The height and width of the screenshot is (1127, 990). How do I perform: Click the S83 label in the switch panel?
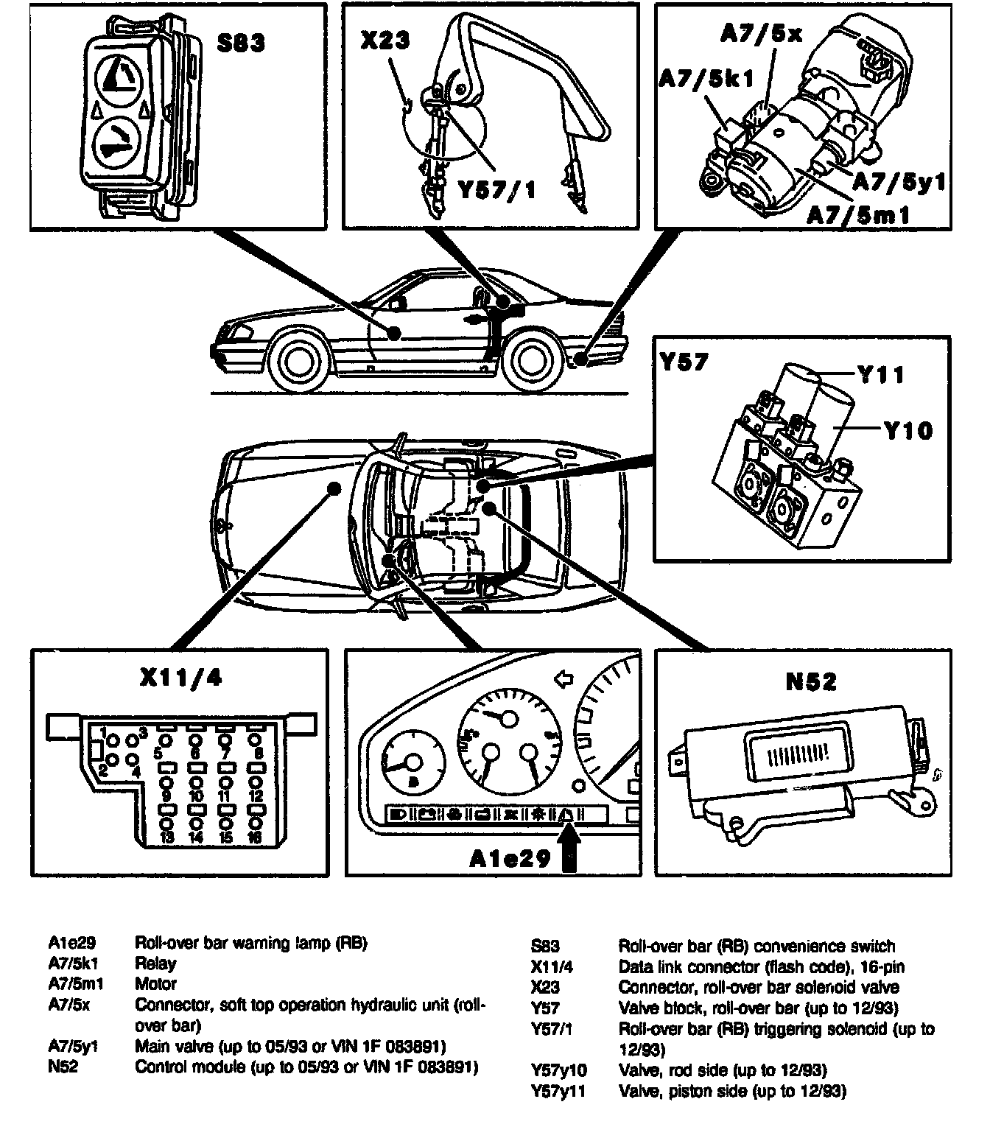(x=240, y=43)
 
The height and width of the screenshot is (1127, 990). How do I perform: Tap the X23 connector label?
(x=385, y=39)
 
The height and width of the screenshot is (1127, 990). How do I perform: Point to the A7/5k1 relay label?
(x=706, y=79)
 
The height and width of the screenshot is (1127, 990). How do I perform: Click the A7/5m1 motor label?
(x=857, y=214)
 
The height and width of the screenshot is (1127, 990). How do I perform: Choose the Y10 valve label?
(x=908, y=430)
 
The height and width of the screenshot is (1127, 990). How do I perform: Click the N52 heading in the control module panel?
(x=811, y=682)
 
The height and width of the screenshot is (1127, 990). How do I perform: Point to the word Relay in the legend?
(x=155, y=963)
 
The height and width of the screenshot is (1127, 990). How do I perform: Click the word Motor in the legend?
(x=155, y=983)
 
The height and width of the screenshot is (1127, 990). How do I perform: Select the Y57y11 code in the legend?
(x=558, y=1090)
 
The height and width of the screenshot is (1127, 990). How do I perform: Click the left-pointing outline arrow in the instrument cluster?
(x=564, y=678)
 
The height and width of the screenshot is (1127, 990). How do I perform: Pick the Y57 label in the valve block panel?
(x=684, y=362)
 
